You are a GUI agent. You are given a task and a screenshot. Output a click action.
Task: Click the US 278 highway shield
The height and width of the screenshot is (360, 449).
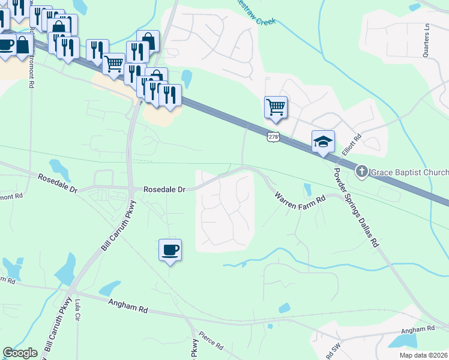click(x=274, y=137)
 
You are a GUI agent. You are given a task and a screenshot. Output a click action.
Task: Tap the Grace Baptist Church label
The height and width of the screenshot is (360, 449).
click(x=409, y=172)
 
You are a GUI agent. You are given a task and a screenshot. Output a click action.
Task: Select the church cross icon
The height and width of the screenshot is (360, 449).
click(x=361, y=172)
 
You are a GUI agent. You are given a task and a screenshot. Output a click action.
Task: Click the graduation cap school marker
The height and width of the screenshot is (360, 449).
click(x=323, y=142)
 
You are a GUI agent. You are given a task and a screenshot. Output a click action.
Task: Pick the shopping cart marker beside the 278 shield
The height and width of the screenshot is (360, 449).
click(x=276, y=107)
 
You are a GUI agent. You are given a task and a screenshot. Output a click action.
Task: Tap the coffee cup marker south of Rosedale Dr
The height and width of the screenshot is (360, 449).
click(x=169, y=249)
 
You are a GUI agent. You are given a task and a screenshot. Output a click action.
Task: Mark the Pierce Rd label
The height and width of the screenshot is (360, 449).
click(x=211, y=343)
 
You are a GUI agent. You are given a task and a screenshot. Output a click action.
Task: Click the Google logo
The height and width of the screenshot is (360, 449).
click(x=20, y=353)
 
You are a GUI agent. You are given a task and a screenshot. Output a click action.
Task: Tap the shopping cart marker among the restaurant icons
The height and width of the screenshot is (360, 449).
click(x=113, y=63)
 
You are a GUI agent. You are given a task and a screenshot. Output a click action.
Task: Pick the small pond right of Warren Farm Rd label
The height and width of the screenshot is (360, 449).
click(x=308, y=190)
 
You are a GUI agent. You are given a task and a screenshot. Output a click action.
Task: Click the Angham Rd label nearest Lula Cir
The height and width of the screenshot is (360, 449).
click(x=128, y=307)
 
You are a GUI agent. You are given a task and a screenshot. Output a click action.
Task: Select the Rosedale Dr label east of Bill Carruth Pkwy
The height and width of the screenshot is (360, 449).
click(x=164, y=189)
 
